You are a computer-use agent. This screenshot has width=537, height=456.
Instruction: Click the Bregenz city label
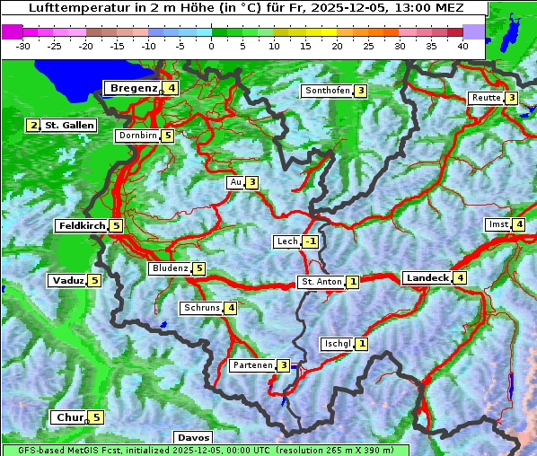click(134, 88)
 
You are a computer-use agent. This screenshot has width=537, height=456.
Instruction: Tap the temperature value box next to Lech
click(310, 242)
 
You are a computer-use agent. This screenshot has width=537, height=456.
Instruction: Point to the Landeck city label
click(427, 278)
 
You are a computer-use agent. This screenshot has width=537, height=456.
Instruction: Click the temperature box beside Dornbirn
click(168, 136)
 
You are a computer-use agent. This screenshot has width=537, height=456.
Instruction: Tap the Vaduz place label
click(68, 281)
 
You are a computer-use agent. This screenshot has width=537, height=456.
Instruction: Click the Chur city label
click(69, 417)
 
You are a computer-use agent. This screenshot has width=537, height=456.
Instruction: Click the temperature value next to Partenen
click(283, 365)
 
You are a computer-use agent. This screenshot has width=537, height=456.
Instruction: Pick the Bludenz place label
click(170, 268)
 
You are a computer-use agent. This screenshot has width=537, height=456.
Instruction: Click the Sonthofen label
click(327, 91)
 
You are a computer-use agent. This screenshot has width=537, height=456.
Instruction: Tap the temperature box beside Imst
click(519, 224)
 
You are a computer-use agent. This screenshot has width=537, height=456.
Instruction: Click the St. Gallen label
click(69, 126)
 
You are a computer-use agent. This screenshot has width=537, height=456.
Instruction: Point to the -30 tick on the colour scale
click(23, 45)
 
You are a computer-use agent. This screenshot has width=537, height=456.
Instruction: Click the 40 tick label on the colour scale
click(462, 45)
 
